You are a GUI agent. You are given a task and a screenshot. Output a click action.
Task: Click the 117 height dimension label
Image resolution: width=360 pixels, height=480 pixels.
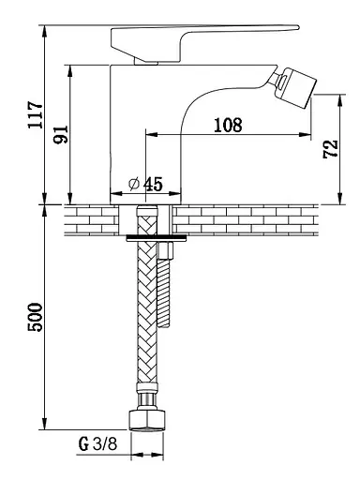35,114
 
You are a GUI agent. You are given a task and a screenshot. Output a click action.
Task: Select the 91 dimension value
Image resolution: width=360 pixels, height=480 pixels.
61,134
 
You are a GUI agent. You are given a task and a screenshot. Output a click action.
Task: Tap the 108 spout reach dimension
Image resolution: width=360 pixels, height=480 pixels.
228,125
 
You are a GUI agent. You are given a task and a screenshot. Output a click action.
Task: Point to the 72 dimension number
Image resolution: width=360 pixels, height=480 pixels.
331,149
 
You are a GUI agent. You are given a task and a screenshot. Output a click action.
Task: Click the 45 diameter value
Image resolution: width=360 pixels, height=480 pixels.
153,184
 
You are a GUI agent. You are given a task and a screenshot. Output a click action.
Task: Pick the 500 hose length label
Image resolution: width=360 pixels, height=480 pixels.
35,317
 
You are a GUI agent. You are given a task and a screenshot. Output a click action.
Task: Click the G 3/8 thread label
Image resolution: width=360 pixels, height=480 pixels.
97,443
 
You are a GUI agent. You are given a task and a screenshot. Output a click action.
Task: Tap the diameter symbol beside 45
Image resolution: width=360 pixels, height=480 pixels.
134,184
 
